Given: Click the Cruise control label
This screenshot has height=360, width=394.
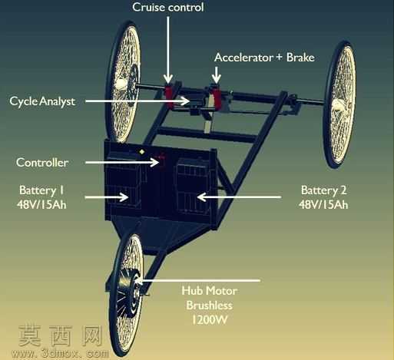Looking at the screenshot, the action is pos(168,7).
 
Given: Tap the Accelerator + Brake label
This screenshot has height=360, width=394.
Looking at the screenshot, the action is pos(264,58).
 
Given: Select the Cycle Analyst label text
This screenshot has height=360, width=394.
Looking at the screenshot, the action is pos(42,101).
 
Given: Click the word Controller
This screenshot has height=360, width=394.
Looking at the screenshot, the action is pos(42,163).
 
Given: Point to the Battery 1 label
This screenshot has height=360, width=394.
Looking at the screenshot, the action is pos(41,197).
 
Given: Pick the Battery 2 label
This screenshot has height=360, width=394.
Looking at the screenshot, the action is pos(323,197).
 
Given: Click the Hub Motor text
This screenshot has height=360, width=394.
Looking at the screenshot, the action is pos(210,291).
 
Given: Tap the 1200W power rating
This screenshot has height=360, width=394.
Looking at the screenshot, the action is pos(210,320).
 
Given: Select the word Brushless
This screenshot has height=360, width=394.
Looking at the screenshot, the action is pos(210,306).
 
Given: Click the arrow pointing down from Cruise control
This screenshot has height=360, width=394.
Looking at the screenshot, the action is pos(168,50).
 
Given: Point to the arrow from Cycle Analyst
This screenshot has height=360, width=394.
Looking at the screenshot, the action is pos(137,101).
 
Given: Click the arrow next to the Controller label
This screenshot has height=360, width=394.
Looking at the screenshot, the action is pos(122,162).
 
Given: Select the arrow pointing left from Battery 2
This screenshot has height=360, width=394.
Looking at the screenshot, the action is pos(239,197).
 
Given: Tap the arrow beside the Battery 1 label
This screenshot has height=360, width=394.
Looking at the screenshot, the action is pos(107,197).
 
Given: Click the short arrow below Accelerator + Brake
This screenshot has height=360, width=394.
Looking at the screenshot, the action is pos(217,75).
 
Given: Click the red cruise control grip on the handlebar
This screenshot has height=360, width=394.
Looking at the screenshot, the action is pos(169,94).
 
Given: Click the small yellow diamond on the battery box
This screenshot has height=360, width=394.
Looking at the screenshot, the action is pos(141,152).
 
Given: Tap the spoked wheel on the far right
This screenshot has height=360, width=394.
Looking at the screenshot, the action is pos(339,105).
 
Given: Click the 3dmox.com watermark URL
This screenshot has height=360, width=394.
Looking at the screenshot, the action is pos(60,354).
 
